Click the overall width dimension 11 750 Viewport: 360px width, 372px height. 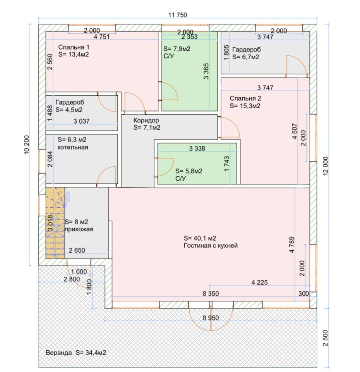tap(178, 15)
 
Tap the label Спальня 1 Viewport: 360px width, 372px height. tap(74, 47)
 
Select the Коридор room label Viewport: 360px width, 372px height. tap(146, 120)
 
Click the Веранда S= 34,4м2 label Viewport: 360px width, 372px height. tap(76, 353)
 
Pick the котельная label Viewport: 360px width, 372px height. tap(73, 147)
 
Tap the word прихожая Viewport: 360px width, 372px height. tap(79, 229)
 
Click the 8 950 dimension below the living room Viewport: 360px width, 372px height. tap(211, 318)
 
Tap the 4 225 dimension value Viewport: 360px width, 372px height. tap(259, 282)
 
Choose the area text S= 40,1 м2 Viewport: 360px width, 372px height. tap(200, 238)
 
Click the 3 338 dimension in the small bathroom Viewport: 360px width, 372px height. tap(197, 148)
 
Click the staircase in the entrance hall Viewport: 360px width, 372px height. tap(55, 223)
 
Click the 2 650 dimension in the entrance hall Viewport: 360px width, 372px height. tap(77, 250)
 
